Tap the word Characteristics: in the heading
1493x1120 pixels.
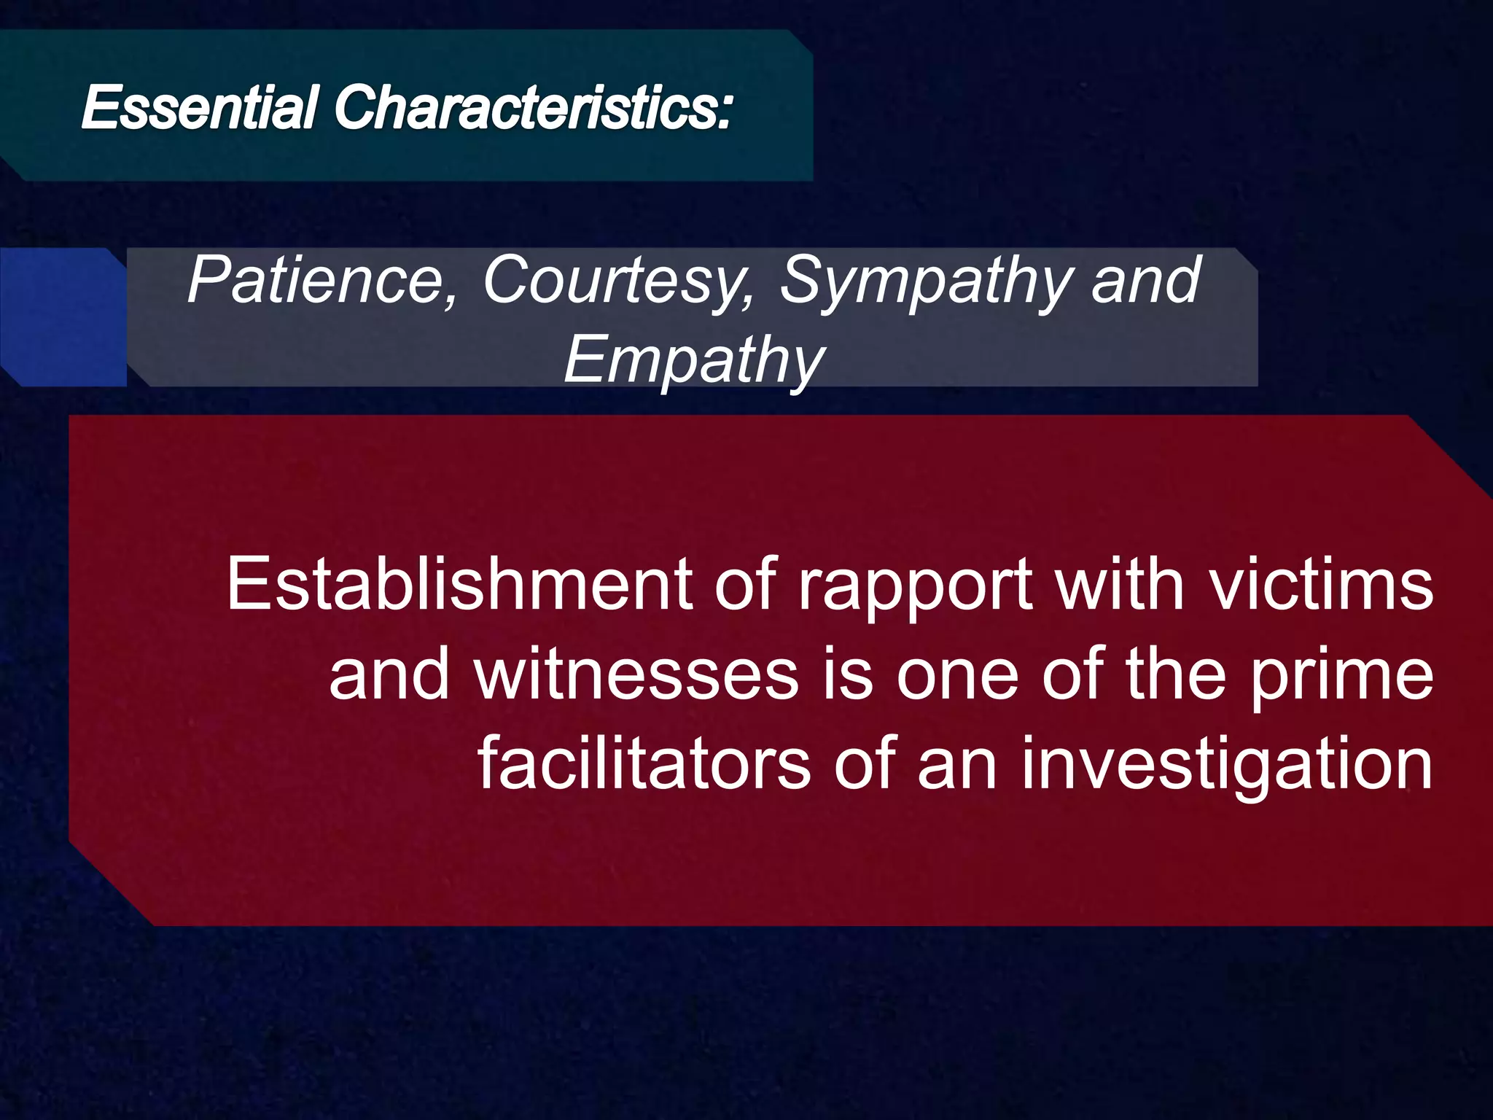(532, 108)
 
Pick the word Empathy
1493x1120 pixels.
(694, 362)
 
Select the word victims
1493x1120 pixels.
(1321, 585)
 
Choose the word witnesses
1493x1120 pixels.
(636, 675)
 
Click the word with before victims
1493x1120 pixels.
(1120, 585)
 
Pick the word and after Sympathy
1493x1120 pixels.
(1146, 281)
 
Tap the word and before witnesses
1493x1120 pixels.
(389, 675)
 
